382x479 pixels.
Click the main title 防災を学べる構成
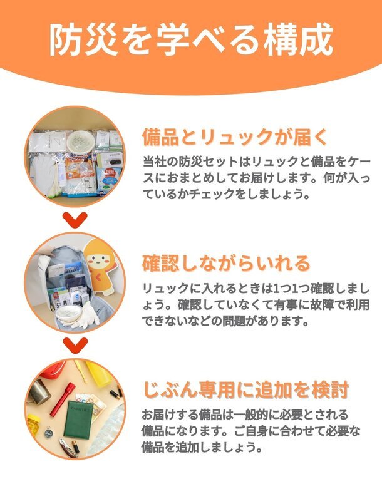191,39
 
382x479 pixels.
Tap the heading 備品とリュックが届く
234,137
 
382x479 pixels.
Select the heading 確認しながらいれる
226,264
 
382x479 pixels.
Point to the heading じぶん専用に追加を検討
246,390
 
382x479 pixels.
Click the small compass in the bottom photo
48,433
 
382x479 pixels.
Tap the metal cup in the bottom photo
39,391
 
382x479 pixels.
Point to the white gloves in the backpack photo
86,316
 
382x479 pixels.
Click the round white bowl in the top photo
81,141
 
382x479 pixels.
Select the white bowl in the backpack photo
68,313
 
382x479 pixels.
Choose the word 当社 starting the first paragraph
154,162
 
